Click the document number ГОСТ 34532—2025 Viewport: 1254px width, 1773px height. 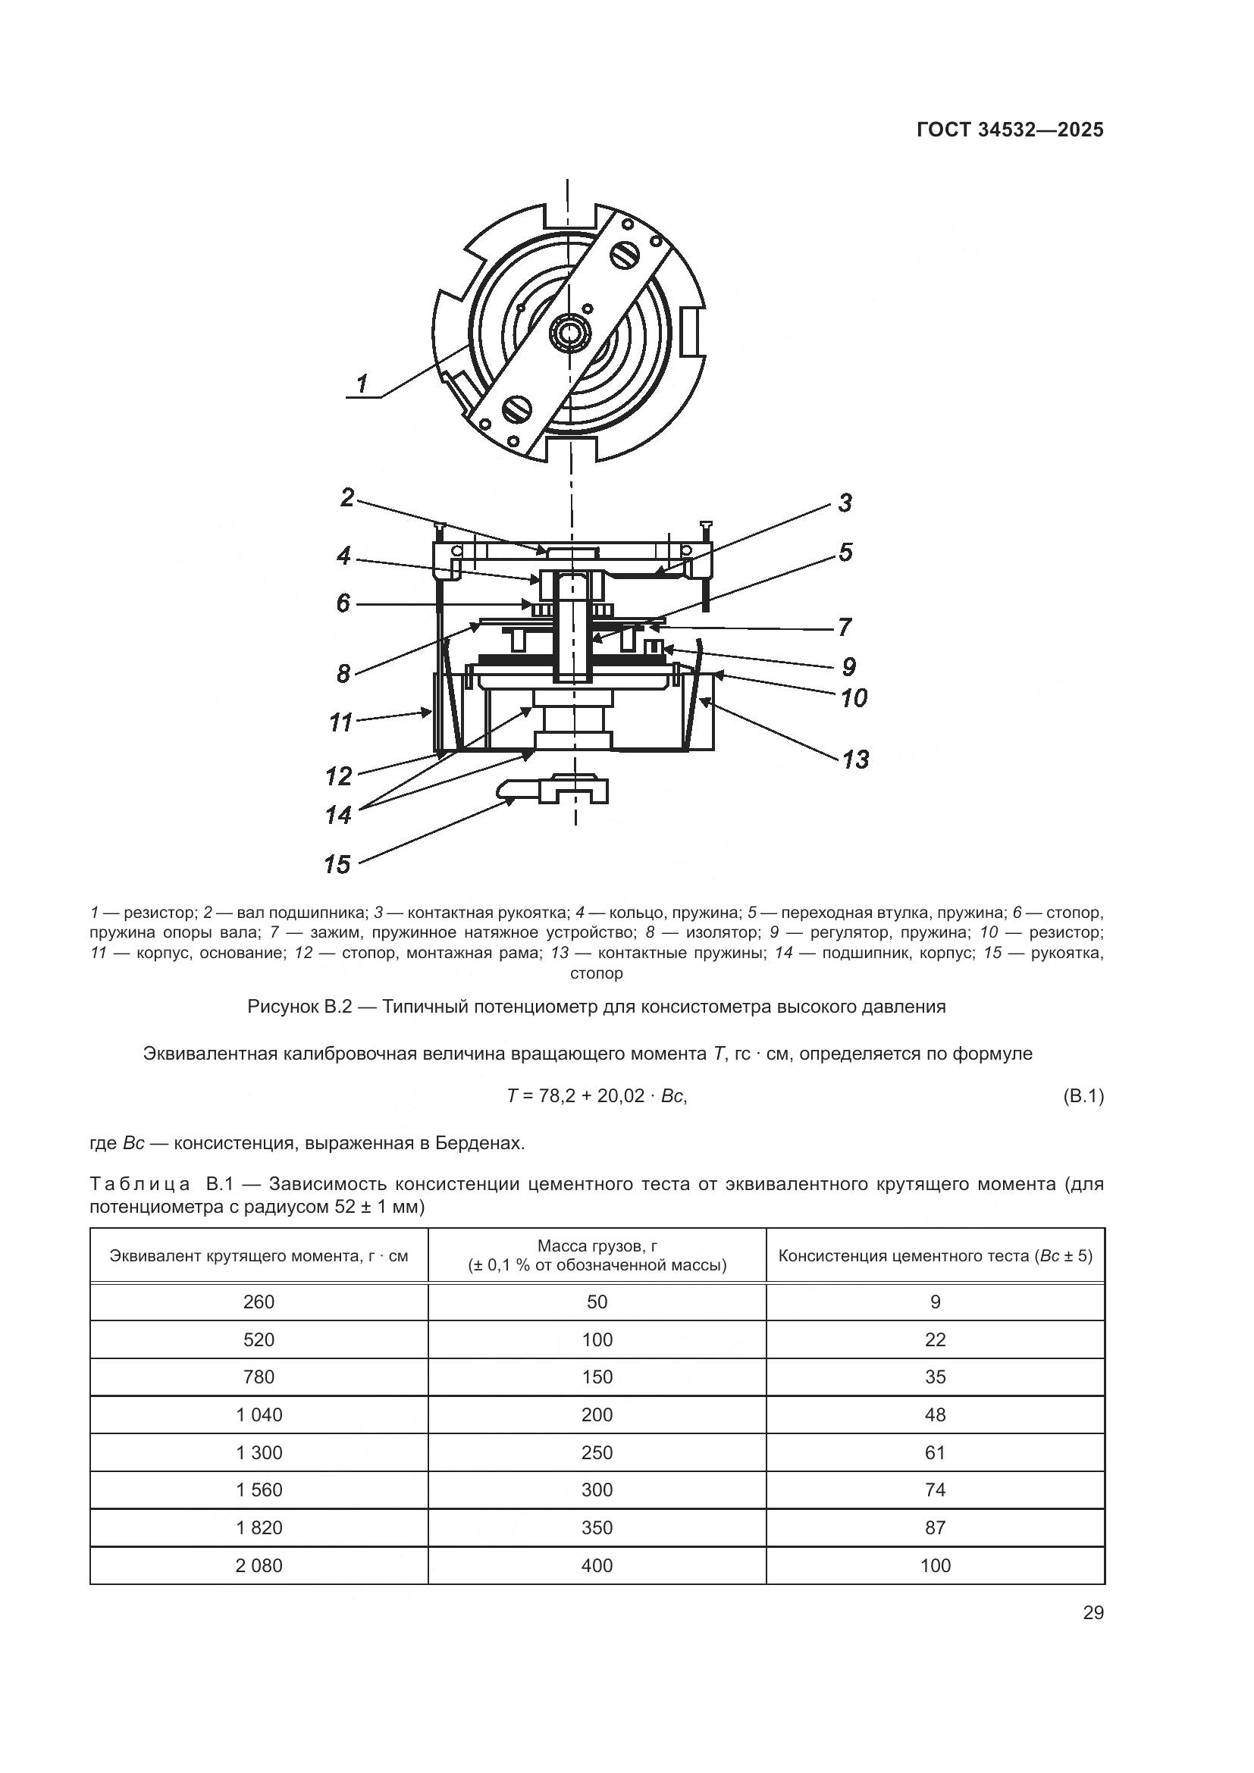click(x=1010, y=130)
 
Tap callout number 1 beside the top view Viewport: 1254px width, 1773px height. click(x=362, y=383)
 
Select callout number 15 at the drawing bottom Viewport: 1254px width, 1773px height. click(x=337, y=864)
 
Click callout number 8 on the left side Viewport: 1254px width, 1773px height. click(x=343, y=673)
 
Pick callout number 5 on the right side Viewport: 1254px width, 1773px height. click(x=845, y=552)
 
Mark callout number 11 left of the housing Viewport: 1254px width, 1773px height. click(x=340, y=723)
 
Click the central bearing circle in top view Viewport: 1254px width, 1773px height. click(x=571, y=334)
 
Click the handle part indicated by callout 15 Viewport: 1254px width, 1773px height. click(x=552, y=791)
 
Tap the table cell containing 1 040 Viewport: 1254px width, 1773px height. click(x=259, y=1414)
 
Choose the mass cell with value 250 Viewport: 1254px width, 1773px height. click(x=597, y=1452)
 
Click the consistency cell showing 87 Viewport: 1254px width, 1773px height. click(x=935, y=1527)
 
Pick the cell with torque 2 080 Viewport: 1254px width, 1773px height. click(x=259, y=1565)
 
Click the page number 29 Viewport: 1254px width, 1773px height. click(x=1093, y=1613)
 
